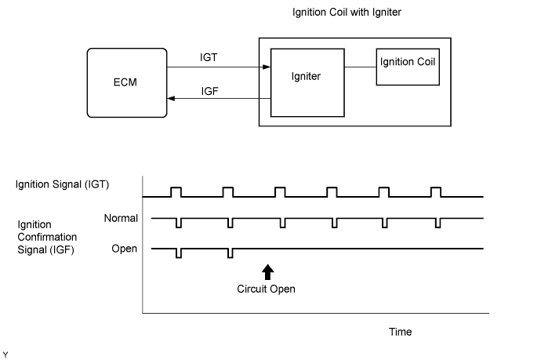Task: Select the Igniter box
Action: [307, 82]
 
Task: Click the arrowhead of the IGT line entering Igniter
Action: [266, 67]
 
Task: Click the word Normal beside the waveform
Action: [121, 217]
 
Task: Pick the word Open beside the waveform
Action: [125, 249]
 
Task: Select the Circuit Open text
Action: [267, 289]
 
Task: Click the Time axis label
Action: [400, 332]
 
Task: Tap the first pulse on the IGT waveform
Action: [176, 191]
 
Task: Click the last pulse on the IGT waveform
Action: [436, 191]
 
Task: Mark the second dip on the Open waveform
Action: [231, 253]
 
